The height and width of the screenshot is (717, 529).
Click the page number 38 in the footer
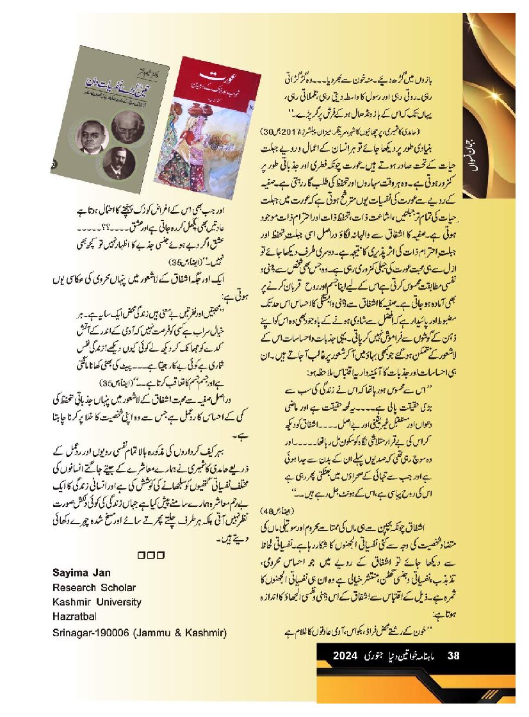click(x=453, y=655)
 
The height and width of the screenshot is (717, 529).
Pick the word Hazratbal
click(x=74, y=618)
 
